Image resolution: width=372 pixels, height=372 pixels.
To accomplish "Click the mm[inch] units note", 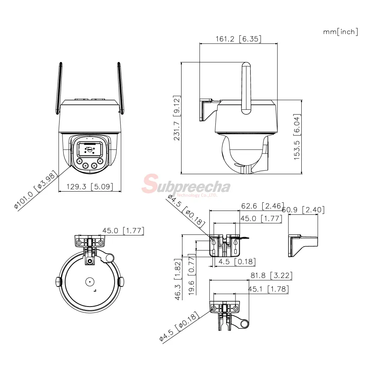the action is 340,32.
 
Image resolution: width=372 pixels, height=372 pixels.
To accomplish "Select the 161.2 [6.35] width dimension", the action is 238,39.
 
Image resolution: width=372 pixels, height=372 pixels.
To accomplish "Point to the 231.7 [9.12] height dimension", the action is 177,118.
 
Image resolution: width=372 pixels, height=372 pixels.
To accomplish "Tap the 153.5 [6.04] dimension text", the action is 297,137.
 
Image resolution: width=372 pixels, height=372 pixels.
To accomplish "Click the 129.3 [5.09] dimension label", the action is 90,186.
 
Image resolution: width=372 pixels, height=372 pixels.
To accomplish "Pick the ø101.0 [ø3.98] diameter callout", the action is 36,190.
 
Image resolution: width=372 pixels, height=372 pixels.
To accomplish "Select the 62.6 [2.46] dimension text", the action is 262,206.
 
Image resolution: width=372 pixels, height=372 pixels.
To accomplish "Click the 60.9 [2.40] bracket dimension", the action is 303,210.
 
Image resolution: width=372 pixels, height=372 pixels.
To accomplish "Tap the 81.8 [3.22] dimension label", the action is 272,275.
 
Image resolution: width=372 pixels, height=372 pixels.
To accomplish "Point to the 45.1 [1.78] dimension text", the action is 268,289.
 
